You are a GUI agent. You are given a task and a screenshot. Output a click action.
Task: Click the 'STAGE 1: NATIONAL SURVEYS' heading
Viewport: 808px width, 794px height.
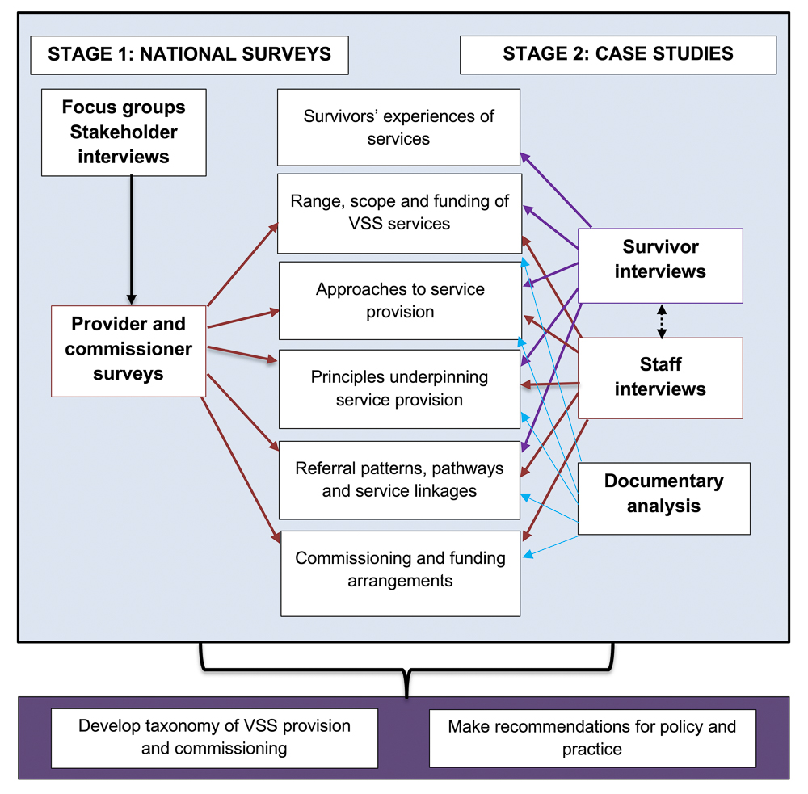tap(189, 55)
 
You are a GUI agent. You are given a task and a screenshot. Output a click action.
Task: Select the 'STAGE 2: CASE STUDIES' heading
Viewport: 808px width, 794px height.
tap(617, 55)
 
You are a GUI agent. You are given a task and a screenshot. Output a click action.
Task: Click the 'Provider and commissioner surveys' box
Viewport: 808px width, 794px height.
tap(128, 350)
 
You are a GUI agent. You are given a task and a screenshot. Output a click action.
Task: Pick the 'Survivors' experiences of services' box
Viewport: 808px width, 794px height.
tap(398, 128)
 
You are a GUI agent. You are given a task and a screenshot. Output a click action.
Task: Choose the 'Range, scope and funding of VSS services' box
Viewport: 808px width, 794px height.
tap(399, 212)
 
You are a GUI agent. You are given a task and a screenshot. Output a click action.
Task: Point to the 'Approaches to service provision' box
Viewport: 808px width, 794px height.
tap(400, 300)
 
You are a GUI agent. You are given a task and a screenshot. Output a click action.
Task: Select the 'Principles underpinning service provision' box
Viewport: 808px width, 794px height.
tap(399, 389)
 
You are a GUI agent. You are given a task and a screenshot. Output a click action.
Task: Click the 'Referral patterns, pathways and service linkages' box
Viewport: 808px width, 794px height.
tap(399, 480)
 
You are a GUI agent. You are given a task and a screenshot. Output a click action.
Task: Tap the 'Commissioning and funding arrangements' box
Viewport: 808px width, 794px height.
tap(400, 569)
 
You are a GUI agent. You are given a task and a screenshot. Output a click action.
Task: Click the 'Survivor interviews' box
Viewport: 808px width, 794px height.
tap(660, 259)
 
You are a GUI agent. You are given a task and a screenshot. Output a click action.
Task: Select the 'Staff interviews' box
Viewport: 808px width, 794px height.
tap(660, 377)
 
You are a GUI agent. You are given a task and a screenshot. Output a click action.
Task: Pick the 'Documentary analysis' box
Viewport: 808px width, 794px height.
tap(663, 494)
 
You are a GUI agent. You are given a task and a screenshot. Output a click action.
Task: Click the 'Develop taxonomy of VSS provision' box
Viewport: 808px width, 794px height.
tap(214, 737)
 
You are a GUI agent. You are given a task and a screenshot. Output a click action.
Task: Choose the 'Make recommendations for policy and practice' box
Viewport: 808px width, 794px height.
tap(592, 737)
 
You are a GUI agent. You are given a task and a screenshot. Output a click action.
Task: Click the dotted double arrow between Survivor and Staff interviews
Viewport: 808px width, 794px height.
tap(662, 321)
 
